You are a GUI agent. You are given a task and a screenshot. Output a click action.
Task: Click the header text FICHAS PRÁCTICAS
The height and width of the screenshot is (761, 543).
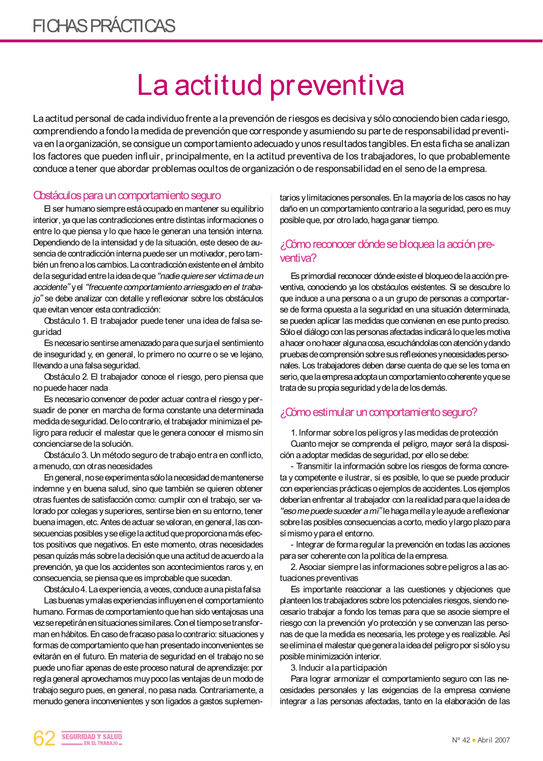[104, 26]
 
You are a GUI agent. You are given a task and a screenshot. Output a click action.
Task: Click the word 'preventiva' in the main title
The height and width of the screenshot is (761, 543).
[337, 85]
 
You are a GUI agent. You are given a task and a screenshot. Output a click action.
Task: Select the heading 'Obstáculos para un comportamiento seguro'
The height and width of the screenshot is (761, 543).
[127, 195]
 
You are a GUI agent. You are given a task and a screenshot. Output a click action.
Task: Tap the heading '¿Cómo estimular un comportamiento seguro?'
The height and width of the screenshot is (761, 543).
[378, 412]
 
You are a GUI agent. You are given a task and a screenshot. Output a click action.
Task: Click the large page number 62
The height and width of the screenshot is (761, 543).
[44, 739]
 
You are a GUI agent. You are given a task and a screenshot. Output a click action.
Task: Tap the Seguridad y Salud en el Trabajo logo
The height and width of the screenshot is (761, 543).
[92, 739]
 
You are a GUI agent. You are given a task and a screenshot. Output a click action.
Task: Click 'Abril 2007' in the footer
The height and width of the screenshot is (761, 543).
[494, 740]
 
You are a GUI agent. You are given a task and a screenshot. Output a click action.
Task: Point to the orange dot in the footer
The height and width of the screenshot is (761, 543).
[473, 740]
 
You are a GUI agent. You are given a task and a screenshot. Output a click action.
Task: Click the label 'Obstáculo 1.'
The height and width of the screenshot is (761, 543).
[66, 321]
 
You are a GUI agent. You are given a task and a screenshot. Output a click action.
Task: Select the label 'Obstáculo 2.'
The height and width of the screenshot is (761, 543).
[66, 377]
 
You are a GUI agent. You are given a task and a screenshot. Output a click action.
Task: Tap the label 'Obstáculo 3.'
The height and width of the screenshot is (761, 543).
[66, 455]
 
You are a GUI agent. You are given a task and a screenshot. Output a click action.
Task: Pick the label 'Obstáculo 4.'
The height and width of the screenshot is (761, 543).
[65, 589]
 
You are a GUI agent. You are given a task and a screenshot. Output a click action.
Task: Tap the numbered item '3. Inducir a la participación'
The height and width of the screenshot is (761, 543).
[339, 668]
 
